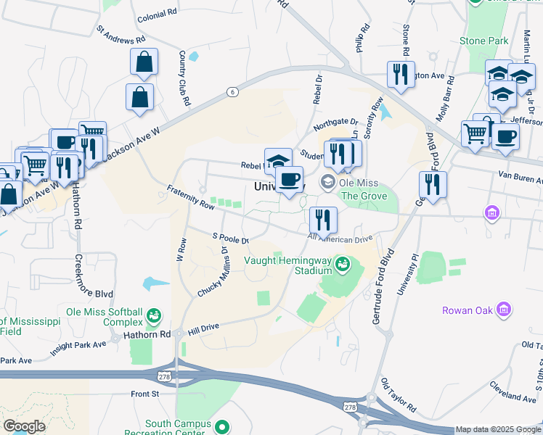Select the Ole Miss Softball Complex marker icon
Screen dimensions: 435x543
(x=154, y=315)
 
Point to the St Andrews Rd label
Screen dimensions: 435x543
(x=121, y=35)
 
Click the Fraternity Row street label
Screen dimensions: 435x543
(x=191, y=197)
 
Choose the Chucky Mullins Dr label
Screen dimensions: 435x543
(x=213, y=271)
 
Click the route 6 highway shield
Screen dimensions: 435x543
(x=232, y=91)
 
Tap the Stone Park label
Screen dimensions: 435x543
(x=483, y=41)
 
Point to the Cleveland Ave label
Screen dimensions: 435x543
(x=513, y=397)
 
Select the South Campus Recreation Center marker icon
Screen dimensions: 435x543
(x=224, y=428)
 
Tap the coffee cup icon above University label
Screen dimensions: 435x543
(x=290, y=178)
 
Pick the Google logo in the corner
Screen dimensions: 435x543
(x=25, y=426)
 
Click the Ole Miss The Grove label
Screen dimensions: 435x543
(x=359, y=189)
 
